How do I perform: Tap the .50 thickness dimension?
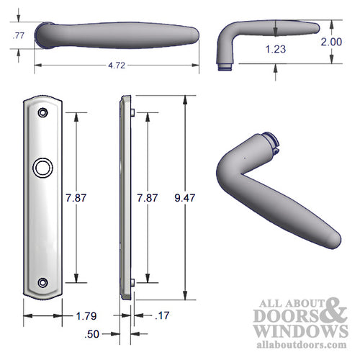pyautogui.click(x=92, y=334)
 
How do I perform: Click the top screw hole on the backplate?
pyautogui.click(x=43, y=113)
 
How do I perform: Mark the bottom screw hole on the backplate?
pyautogui.click(x=43, y=283)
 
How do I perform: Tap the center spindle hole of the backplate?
pyautogui.click(x=43, y=170)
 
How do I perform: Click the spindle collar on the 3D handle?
pyautogui.click(x=270, y=144)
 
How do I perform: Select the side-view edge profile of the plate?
pyautogui.click(x=127, y=198)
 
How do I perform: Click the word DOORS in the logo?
pyautogui.click(x=282, y=315)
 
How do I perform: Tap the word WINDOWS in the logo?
pyautogui.click(x=295, y=330)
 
